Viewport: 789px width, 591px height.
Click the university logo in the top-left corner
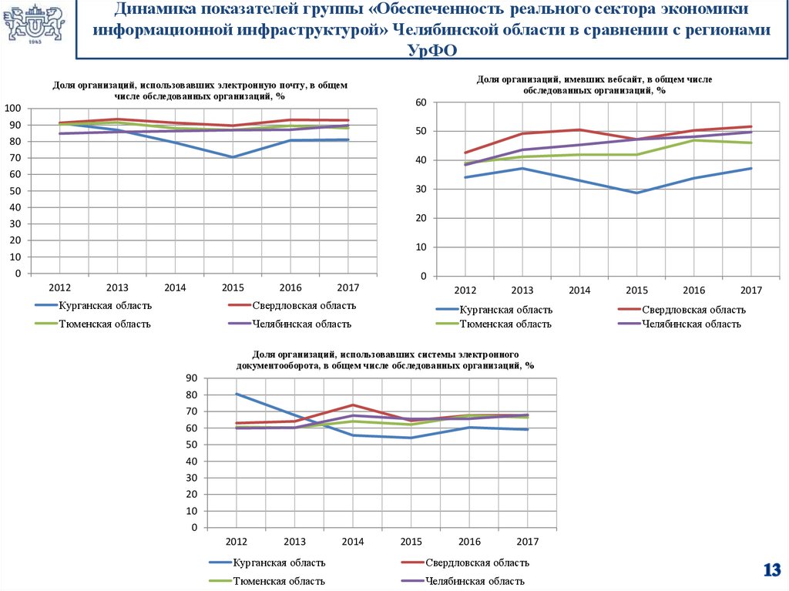tap(35, 25)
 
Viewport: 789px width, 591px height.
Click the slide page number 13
tap(771, 571)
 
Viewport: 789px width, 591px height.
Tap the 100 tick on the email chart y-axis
tap(13, 108)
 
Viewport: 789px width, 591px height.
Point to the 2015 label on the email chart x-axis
tap(233, 287)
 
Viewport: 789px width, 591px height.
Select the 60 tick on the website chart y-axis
tap(421, 102)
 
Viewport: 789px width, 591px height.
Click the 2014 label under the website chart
tap(579, 290)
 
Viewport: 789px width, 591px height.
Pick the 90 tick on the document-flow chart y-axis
tap(192, 378)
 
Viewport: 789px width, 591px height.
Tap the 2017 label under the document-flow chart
tap(528, 542)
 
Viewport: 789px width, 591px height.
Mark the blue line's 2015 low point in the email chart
tap(233, 157)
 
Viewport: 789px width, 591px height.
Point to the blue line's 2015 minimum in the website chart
tap(636, 193)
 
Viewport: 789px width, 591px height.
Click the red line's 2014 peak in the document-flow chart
tap(353, 405)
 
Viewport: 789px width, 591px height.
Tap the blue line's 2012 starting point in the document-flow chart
tap(236, 394)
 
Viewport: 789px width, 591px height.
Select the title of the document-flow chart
tap(384, 360)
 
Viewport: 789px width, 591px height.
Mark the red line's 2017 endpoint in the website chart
tap(750, 126)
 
